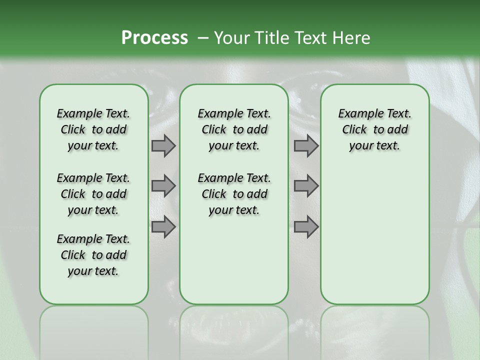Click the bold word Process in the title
[154, 38]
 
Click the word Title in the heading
[270, 38]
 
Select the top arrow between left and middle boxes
[163, 146]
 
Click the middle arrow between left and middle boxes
[163, 186]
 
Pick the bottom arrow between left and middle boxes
[163, 227]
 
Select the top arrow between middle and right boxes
[306, 146]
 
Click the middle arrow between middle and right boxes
[306, 186]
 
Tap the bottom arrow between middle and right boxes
[306, 227]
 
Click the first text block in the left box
[93, 129]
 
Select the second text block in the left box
[93, 194]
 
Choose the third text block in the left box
[93, 255]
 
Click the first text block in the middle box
[234, 129]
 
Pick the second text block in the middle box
[234, 194]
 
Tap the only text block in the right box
[374, 129]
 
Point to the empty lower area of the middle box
[234, 260]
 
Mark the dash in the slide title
[202, 38]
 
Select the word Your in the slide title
[231, 38]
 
